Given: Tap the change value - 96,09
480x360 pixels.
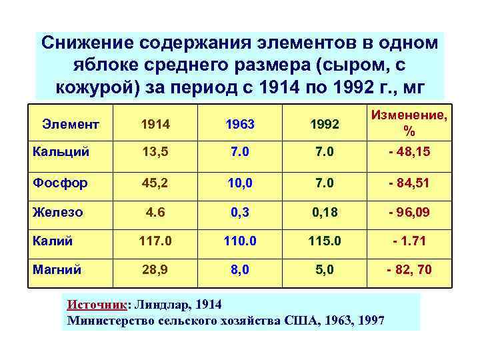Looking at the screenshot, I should coord(409,212).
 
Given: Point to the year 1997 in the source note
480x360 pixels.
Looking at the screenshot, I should coord(370,321).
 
